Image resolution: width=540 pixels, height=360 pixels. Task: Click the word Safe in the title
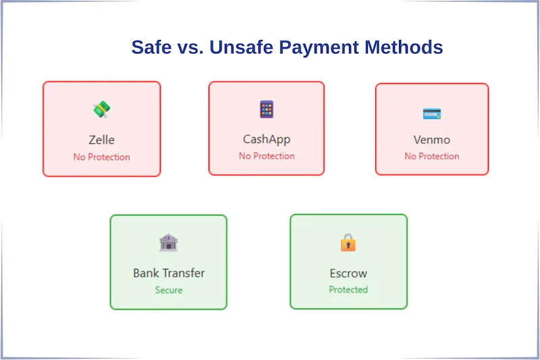(152, 47)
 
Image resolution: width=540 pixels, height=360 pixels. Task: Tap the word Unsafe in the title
(242, 47)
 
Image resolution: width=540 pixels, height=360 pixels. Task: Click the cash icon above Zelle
(101, 109)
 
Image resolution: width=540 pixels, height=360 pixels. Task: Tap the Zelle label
(101, 140)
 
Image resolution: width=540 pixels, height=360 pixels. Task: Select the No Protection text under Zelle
(101, 157)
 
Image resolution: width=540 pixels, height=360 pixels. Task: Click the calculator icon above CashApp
(267, 109)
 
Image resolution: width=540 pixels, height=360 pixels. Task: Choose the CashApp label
(267, 140)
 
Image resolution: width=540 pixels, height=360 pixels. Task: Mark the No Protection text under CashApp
(267, 156)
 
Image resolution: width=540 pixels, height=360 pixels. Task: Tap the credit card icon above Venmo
(431, 113)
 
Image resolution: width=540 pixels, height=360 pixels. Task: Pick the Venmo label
(431, 140)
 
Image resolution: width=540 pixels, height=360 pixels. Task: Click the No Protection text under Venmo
(431, 156)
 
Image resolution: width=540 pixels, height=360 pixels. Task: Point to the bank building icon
(168, 242)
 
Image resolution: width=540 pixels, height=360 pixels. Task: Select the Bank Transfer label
(169, 274)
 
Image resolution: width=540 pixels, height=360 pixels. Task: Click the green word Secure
(169, 290)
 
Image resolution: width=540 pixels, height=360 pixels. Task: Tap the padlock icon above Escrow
(348, 242)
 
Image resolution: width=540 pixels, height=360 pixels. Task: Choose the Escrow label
(348, 274)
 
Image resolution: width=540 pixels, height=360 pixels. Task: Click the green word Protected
(348, 290)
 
